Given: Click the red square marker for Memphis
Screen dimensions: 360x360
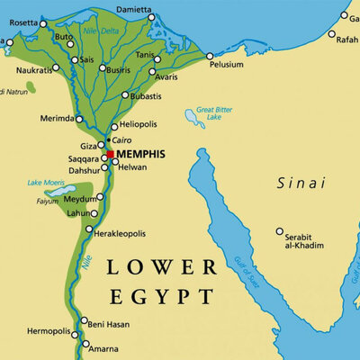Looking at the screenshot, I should (110, 154).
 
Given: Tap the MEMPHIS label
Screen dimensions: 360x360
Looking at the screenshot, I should (144, 155).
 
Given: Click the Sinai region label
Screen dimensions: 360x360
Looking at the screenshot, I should (301, 183).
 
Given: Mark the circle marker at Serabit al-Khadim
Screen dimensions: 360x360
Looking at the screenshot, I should (279, 231).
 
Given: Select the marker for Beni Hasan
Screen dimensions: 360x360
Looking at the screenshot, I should (84, 320).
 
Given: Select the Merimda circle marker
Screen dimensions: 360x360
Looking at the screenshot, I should (79, 119).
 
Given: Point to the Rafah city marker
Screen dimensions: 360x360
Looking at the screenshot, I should (331, 35).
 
